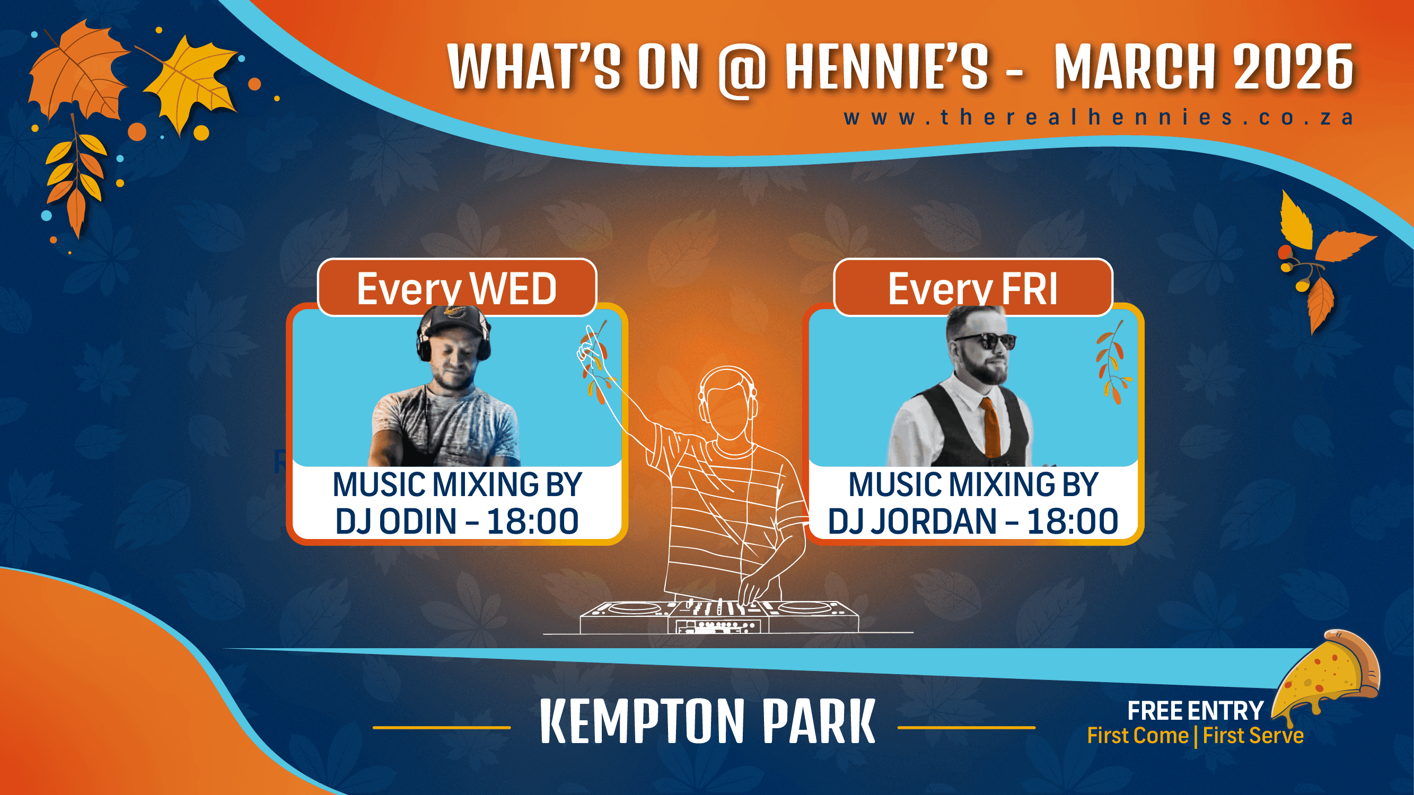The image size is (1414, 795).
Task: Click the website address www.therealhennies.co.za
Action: pos(1099,118)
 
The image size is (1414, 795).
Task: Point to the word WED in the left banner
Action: pos(514,289)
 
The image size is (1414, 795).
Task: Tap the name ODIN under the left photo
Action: pos(418,520)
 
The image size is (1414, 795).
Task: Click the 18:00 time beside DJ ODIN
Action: pos(532,520)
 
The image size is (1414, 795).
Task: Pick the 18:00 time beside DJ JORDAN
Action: pos(1073,520)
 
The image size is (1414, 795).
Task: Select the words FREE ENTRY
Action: pos(1195,711)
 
